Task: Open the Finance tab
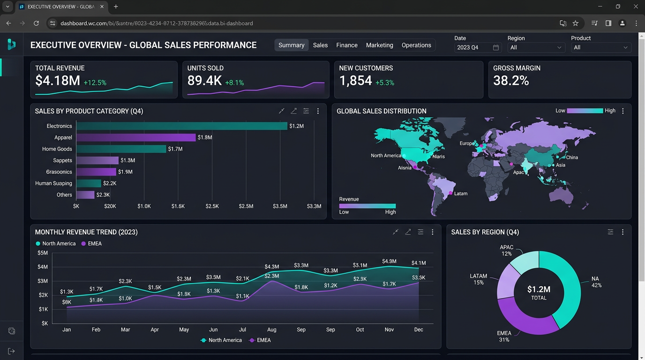[347, 45]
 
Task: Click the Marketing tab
[379, 45]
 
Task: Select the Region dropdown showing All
[536, 47]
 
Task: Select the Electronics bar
[182, 126]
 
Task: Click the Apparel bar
[136, 137]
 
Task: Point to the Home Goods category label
[57, 149]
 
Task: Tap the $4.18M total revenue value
[58, 81]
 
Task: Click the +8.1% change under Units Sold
[234, 83]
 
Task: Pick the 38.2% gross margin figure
[511, 81]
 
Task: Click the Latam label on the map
[461, 194]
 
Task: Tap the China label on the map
[572, 157]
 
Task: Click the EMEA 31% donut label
[504, 337]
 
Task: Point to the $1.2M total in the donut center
[539, 289]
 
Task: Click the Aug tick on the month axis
[272, 330]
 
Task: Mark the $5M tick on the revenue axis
[42, 253]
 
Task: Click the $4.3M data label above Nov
[389, 261]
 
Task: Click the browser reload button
[36, 23]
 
